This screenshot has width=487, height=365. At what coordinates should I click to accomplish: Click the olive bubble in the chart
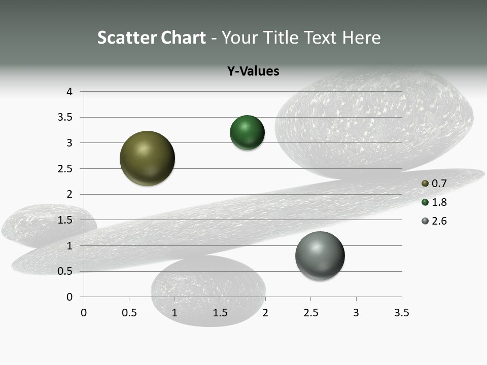coord(148,158)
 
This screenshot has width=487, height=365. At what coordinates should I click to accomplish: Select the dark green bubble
coord(247,133)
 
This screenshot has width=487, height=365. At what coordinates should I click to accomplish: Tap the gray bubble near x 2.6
coord(320,255)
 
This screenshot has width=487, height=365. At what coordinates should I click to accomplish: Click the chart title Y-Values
coord(253,71)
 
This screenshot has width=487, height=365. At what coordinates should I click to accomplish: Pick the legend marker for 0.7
coord(425,184)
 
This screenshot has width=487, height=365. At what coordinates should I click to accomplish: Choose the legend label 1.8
coord(439,202)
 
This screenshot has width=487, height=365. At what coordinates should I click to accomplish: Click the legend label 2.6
coord(439,221)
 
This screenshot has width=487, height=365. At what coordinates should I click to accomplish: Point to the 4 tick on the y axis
coord(69,92)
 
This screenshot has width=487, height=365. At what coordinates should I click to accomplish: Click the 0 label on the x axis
coord(84,313)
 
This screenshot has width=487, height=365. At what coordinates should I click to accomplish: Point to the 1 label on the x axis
coord(175,313)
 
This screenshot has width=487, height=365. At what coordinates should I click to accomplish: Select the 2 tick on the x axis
coord(265,313)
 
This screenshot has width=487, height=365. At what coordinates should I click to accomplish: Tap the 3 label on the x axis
coord(356,313)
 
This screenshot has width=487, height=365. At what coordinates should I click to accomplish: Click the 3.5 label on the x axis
coord(401,313)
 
